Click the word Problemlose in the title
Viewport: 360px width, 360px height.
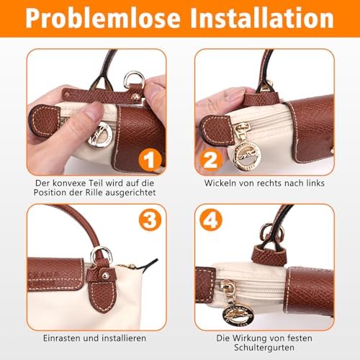pyautogui.click(x=103, y=18)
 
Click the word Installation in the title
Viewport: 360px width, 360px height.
pyautogui.click(x=262, y=18)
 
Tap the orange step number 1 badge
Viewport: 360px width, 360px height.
pyautogui.click(x=150, y=160)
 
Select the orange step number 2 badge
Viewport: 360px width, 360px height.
pyautogui.click(x=210, y=160)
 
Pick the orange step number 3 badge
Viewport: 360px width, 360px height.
pyautogui.click(x=150, y=220)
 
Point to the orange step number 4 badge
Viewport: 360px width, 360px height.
pyautogui.click(x=211, y=220)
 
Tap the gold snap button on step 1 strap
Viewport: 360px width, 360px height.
pyautogui.click(x=136, y=97)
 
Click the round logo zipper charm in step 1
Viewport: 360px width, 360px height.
pyautogui.click(x=99, y=135)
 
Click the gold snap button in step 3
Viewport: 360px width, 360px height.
pyautogui.click(x=105, y=276)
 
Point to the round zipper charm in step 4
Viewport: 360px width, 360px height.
pyautogui.click(x=238, y=315)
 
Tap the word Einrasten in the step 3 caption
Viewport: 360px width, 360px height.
pyautogui.click(x=62, y=338)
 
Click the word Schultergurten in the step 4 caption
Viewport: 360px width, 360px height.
pyautogui.click(x=264, y=348)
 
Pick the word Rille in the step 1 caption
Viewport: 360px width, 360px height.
pyautogui.click(x=94, y=192)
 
